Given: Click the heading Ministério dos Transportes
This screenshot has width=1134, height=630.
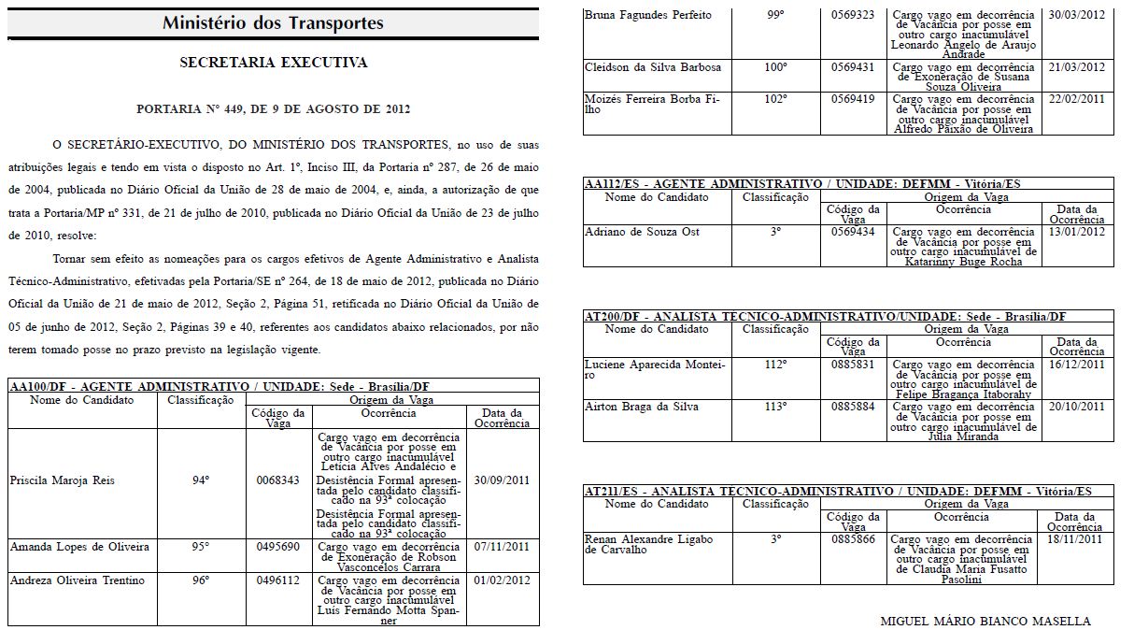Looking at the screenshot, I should [x=272, y=23].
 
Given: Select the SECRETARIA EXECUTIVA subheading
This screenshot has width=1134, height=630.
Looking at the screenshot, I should [x=273, y=64].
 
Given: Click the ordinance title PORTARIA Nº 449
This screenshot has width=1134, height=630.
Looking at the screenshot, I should [x=273, y=109].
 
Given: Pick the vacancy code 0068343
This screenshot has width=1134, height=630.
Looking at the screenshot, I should [x=277, y=480].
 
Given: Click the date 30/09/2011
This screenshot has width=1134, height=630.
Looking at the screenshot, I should [x=502, y=480].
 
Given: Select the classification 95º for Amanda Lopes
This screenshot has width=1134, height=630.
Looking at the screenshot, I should [x=200, y=547].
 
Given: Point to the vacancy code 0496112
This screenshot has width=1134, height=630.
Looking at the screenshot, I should [x=277, y=580].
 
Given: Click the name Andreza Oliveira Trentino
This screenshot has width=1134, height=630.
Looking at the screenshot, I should [x=78, y=580].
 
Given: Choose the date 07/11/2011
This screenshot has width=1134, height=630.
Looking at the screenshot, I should [x=502, y=547].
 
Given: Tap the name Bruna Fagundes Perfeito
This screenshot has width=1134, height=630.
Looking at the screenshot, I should [x=647, y=15].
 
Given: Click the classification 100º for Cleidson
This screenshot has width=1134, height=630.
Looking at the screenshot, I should [x=775, y=67].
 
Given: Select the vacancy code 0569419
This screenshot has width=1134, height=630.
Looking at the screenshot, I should [x=853, y=98].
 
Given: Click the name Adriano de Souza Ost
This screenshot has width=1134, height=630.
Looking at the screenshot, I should [x=642, y=232].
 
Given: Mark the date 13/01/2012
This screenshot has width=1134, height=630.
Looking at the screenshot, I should [x=1077, y=232].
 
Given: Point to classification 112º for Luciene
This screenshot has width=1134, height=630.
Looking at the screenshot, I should [x=775, y=365].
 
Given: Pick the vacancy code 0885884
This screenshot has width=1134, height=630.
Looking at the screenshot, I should [x=853, y=407].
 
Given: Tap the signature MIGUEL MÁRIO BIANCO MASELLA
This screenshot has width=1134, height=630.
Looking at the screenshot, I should [x=985, y=621].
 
